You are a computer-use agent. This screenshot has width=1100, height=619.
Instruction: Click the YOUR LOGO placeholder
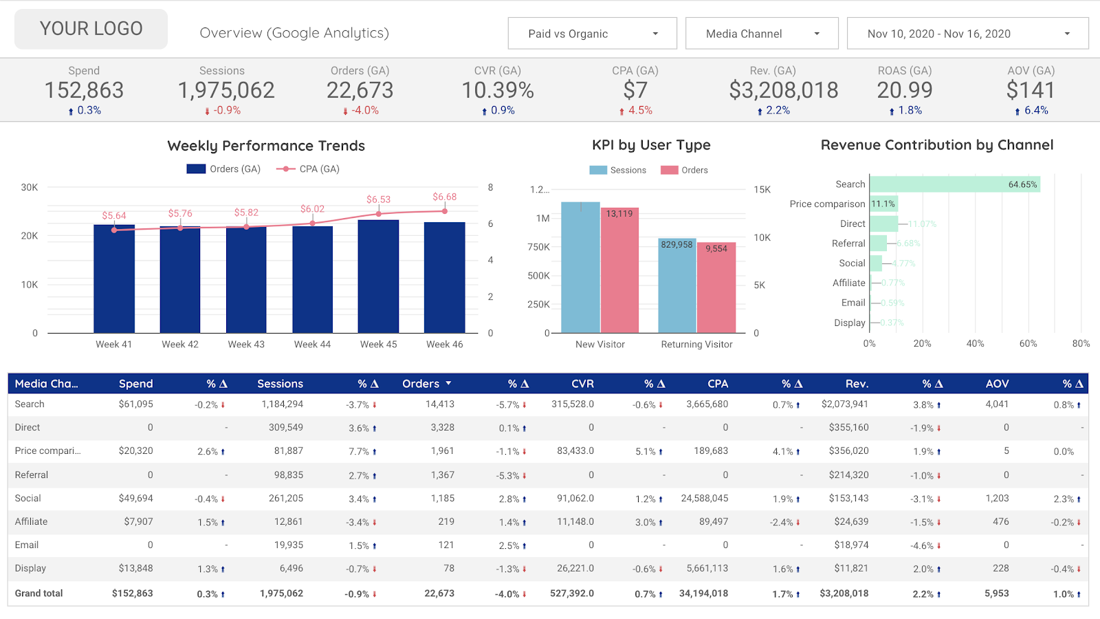[x=91, y=29]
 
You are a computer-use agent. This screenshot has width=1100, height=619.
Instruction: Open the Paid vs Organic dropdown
[x=592, y=34]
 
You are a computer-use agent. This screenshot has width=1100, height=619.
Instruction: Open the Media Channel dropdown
[x=761, y=34]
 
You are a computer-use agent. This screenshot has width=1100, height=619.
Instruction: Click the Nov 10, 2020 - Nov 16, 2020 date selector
[x=967, y=34]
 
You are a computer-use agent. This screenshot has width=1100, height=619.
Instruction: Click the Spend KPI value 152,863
[x=84, y=90]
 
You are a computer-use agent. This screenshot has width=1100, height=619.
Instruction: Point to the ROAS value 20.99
[x=904, y=90]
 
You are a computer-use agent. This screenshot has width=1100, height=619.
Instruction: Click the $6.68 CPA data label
[x=444, y=197]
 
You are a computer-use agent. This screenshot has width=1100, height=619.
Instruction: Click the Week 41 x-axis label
[x=113, y=345]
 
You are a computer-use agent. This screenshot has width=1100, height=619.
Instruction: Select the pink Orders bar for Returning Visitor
[x=716, y=289]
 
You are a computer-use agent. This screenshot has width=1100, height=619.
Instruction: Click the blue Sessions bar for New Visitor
[x=580, y=268]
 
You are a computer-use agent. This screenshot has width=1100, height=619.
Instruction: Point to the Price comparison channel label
[x=827, y=204]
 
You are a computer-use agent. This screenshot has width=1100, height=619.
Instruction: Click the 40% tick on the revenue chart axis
[x=975, y=344]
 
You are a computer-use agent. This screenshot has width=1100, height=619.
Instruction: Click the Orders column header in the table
[x=421, y=384]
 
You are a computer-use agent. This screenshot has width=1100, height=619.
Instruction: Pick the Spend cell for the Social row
[x=135, y=498]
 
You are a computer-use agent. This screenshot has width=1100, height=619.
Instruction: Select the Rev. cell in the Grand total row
[x=844, y=593]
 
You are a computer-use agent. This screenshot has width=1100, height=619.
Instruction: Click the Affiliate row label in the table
[x=32, y=521]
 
